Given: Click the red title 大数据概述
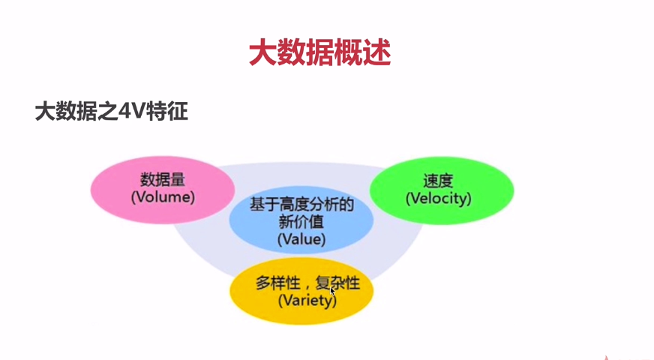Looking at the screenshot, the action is (x=319, y=53).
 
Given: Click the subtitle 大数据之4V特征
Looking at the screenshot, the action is (x=111, y=112).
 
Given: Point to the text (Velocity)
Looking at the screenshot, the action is (x=439, y=199).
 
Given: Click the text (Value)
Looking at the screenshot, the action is (x=301, y=239).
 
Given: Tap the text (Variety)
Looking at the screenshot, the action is (x=307, y=301).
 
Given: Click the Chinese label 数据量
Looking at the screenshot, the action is (x=163, y=179).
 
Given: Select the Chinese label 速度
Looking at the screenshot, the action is (x=439, y=181).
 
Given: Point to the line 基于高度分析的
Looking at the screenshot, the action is (x=301, y=204).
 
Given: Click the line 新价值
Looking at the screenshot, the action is (x=301, y=222).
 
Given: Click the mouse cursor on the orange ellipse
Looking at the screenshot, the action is (x=332, y=291).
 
